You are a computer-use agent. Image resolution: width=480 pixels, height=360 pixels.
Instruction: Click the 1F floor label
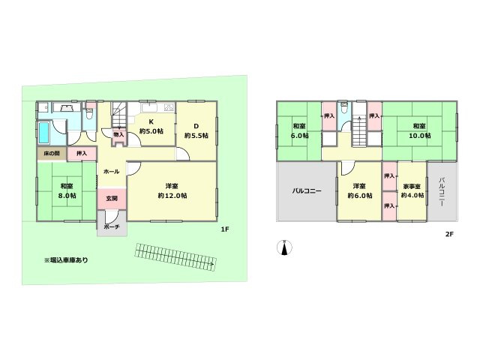point(225,230)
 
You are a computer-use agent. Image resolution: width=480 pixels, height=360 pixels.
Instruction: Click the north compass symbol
point(284,247)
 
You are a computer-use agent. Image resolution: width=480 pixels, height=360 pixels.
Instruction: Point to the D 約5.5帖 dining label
point(195,130)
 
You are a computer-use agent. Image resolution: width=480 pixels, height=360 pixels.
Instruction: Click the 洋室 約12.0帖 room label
point(172,190)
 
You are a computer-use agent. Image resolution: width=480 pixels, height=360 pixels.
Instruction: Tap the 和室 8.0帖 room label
point(67,190)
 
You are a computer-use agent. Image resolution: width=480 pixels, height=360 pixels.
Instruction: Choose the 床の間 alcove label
point(51,153)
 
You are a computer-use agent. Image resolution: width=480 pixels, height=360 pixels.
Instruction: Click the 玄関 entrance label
point(111,198)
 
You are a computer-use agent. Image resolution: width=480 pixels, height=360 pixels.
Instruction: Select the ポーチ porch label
point(111,226)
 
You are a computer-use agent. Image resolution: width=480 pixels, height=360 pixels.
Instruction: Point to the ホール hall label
point(111,171)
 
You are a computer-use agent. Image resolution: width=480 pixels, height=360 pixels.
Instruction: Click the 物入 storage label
point(118,134)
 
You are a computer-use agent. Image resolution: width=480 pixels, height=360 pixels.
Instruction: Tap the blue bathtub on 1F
point(44,133)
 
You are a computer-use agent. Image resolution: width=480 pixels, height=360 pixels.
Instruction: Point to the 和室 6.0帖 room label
point(299,130)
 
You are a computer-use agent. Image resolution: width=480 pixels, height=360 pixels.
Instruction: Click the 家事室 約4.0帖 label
point(412,190)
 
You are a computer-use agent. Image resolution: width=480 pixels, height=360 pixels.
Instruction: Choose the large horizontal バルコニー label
point(307,190)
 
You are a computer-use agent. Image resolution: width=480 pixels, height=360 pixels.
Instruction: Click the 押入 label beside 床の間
point(82,153)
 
